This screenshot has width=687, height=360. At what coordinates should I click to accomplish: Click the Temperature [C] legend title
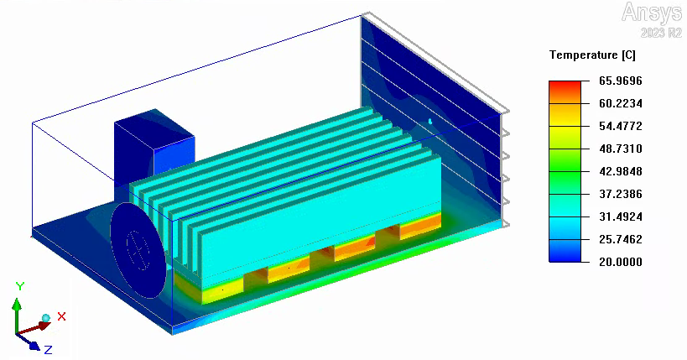coord(592,55)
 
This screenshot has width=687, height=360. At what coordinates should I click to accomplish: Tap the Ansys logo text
coord(652,13)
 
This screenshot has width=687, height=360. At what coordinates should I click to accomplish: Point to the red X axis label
coord(61,316)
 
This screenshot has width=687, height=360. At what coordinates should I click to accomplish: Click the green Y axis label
coord(20,286)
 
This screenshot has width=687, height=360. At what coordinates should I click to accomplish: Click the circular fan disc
coord(138,248)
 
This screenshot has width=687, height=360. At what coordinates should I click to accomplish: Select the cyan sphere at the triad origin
coord(46,318)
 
